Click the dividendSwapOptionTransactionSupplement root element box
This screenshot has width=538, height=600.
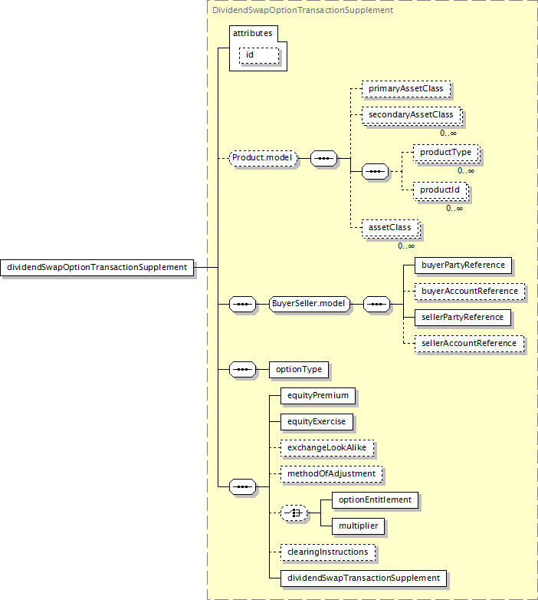97,268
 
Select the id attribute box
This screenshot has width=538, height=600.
259,55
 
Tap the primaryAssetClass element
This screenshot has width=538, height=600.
406,89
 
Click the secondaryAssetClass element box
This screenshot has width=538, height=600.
412,115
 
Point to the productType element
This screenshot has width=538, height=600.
446,153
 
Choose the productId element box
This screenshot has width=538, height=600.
441,190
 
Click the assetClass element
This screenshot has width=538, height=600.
391,228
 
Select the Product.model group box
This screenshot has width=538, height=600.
264,158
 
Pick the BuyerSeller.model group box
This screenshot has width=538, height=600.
310,304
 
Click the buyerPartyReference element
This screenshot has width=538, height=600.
463,265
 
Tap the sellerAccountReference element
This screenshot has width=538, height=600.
470,344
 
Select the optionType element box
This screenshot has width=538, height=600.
299,370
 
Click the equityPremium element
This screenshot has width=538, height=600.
318,396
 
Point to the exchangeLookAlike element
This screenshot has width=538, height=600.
327,448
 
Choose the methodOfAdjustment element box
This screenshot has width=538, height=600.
332,474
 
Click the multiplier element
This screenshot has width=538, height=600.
359,526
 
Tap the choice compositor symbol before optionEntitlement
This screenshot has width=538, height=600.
294,513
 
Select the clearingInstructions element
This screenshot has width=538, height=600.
328,552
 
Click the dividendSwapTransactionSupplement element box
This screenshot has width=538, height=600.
364,579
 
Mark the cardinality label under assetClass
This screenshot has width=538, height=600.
405,246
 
